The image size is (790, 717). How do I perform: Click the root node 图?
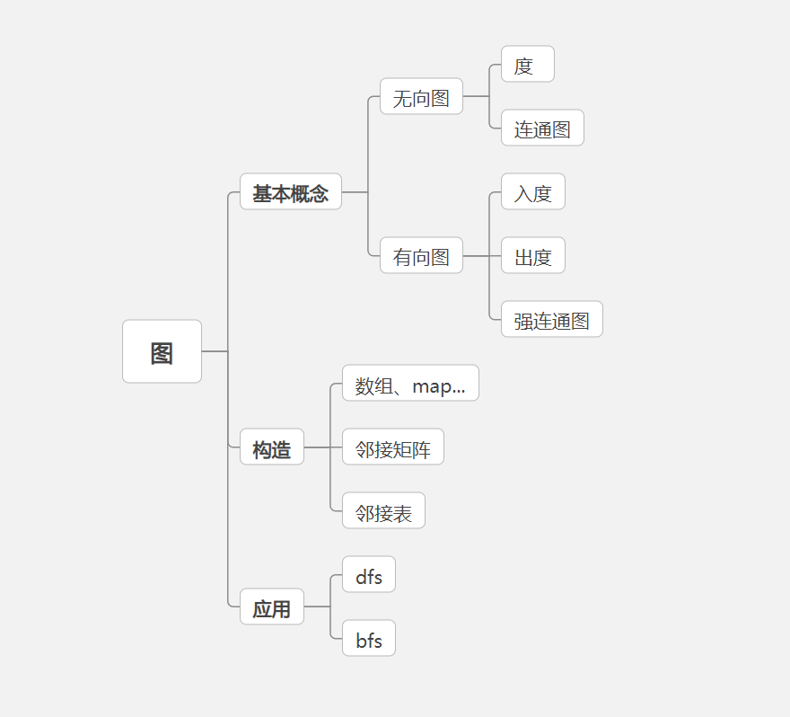[162, 351]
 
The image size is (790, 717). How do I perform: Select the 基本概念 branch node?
[290, 192]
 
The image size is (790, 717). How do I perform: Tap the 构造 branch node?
[271, 447]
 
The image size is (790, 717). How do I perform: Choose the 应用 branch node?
[271, 607]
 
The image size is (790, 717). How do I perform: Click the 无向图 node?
[421, 97]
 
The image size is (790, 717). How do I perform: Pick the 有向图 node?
[421, 256]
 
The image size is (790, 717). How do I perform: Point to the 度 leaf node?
[527, 65]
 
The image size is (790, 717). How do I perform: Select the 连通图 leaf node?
[542, 128]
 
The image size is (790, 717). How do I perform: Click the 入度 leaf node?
[532, 192]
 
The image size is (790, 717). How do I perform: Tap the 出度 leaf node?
[532, 256]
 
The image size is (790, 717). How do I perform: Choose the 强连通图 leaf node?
[551, 320]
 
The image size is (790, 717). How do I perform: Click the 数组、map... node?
[410, 384]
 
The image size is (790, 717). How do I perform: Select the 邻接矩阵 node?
[392, 447]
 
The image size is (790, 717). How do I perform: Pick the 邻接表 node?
[383, 511]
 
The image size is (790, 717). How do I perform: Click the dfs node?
[368, 575]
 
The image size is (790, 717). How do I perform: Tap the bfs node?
[368, 639]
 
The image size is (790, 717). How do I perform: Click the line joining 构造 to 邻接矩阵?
[323, 447]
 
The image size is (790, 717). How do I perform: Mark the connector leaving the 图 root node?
[215, 351]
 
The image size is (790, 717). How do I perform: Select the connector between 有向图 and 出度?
[481, 256]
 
